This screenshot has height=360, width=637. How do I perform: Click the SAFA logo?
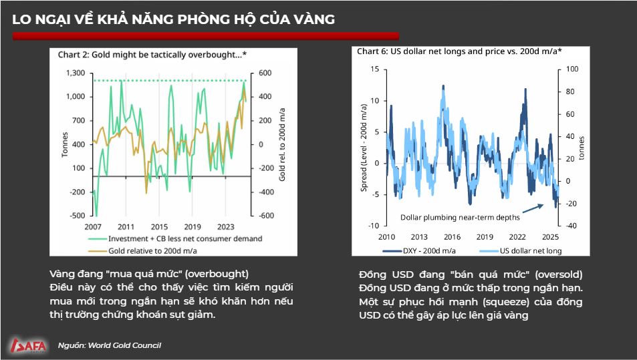point(28,345)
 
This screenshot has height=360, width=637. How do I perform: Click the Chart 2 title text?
point(151,54)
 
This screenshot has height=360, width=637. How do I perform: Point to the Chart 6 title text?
point(459,51)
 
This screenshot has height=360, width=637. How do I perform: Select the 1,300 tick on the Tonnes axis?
point(76,72)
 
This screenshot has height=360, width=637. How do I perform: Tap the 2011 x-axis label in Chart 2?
point(126,226)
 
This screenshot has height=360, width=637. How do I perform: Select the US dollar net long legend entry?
point(521,251)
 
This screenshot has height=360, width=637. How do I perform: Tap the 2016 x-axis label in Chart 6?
point(453,237)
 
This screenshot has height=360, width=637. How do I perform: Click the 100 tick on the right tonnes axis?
point(571,69)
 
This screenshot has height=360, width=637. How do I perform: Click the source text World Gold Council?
point(123,345)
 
